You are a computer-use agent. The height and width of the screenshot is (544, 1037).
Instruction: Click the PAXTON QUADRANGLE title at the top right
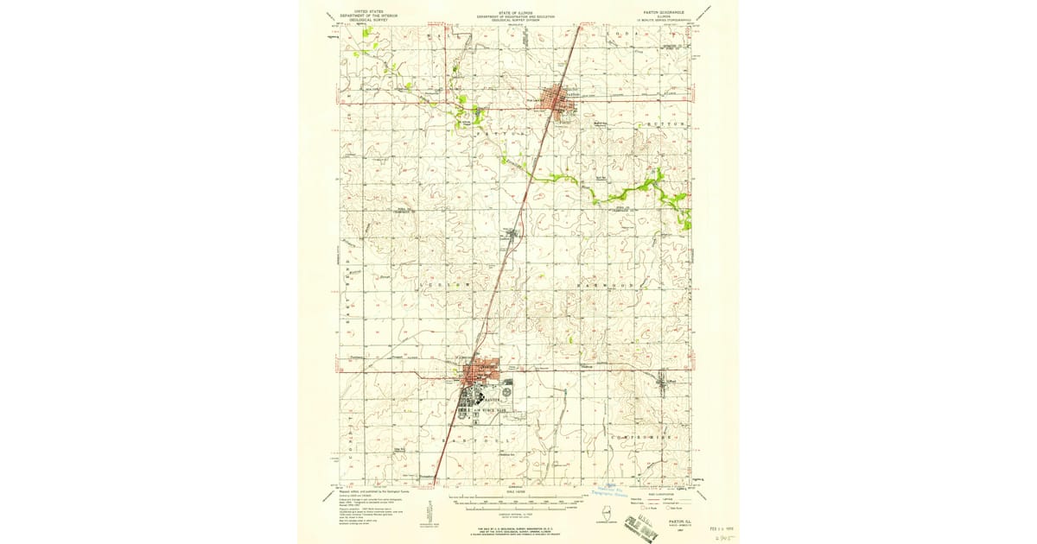[663, 14]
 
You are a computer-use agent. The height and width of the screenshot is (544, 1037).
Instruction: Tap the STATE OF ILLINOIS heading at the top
[517, 14]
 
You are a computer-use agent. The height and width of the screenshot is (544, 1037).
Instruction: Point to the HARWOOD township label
[609, 285]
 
